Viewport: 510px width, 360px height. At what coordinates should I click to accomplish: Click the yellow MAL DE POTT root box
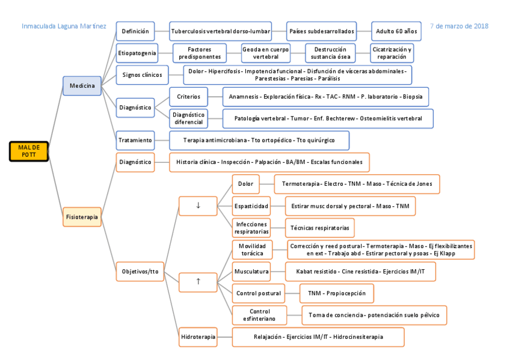coord(28,151)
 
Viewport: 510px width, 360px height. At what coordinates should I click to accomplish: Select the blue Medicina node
coord(82,86)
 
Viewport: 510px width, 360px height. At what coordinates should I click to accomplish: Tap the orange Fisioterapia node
coord(82,216)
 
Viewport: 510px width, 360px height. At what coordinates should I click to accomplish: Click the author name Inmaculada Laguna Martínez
coord(64,26)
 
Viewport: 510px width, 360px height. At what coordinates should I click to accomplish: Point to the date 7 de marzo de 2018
coord(459,26)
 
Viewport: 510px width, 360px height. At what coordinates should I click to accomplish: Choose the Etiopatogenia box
coord(137,53)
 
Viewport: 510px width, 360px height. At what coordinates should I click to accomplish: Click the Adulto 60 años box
coord(396,31)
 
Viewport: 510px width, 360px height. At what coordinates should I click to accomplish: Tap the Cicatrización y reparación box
coord(392,53)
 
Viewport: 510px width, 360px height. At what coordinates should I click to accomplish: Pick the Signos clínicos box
coord(142,75)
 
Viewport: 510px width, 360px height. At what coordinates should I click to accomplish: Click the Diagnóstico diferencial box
coord(189,118)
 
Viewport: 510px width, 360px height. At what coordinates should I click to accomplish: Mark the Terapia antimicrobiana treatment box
coord(259,141)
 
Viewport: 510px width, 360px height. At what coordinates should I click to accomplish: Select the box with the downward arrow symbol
coord(198,206)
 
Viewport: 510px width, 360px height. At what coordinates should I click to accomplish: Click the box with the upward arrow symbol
coord(198,281)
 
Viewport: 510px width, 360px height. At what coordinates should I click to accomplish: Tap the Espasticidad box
coord(251,206)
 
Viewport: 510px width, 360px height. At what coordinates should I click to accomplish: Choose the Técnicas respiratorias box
coord(319,228)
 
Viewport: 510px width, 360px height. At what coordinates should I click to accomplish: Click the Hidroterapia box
coord(198,337)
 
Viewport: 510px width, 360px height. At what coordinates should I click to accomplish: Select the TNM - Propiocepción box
coord(336,293)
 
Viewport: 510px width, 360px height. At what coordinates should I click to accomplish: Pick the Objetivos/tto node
coord(140,272)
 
